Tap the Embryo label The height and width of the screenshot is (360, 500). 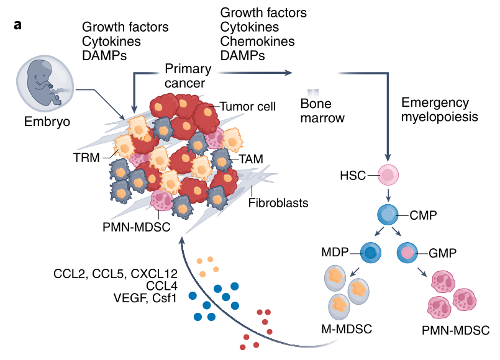tap(47, 122)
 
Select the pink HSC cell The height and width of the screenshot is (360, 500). tap(388, 175)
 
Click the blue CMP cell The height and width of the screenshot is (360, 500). tap(388, 215)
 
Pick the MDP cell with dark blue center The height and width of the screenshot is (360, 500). tap(371, 253)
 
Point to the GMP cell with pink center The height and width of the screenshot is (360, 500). tap(407, 253)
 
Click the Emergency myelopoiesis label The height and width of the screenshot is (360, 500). tap(439, 110)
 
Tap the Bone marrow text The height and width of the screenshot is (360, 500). tap(322, 111)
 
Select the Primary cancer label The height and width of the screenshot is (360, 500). tap(188, 76)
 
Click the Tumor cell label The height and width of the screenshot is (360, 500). tap(247, 106)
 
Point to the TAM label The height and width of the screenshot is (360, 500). tap(252, 159)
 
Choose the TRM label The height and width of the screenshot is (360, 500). tap(86, 158)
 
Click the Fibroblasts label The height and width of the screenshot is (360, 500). tap(278, 203)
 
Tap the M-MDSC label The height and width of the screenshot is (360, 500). tap(347, 329)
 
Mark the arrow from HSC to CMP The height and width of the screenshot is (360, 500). tap(388, 194)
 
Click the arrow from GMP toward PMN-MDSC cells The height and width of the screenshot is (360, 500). tap(422, 271)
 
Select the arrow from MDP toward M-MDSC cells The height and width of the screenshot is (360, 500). tap(354, 272)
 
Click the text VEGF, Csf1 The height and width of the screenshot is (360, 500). tap(145, 298)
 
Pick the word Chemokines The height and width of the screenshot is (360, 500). tap(257, 42)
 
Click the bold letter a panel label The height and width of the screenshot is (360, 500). tap(17, 25)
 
